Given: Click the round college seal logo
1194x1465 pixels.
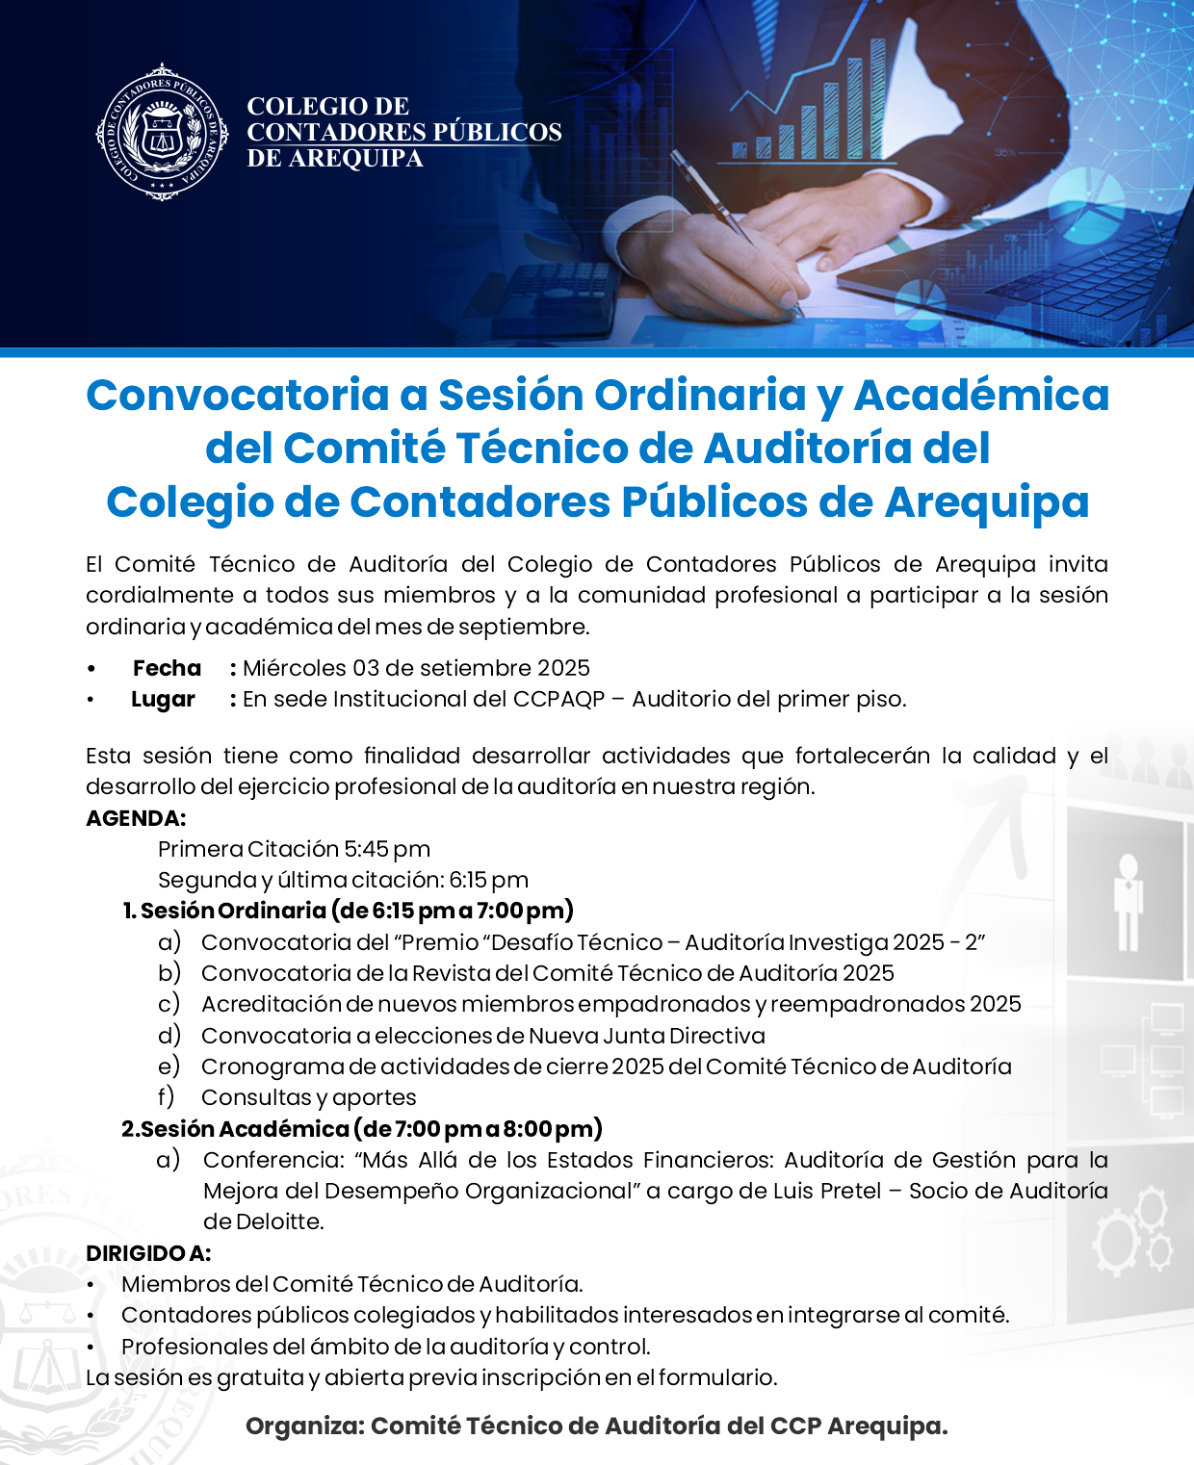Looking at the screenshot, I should [x=162, y=133].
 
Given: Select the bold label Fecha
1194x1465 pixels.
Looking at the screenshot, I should [x=167, y=668].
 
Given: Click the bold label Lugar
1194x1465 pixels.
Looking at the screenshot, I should [x=163, y=700].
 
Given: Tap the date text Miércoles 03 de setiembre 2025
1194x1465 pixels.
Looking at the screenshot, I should [x=416, y=668].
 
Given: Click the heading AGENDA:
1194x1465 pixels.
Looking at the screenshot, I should [x=136, y=818].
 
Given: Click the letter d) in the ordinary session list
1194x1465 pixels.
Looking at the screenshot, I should [x=169, y=1036].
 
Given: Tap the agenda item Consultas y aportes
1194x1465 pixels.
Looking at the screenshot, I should [x=308, y=1097].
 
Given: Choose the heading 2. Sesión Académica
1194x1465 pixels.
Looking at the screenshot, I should [x=235, y=1129].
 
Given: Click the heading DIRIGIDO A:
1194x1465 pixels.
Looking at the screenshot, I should [x=148, y=1253].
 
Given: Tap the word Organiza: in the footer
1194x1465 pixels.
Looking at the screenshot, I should [x=304, y=1426].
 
